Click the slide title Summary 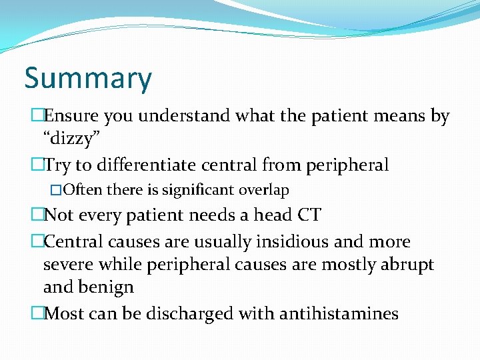88,79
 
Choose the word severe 69,264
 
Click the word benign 107,287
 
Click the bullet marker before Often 55,191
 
